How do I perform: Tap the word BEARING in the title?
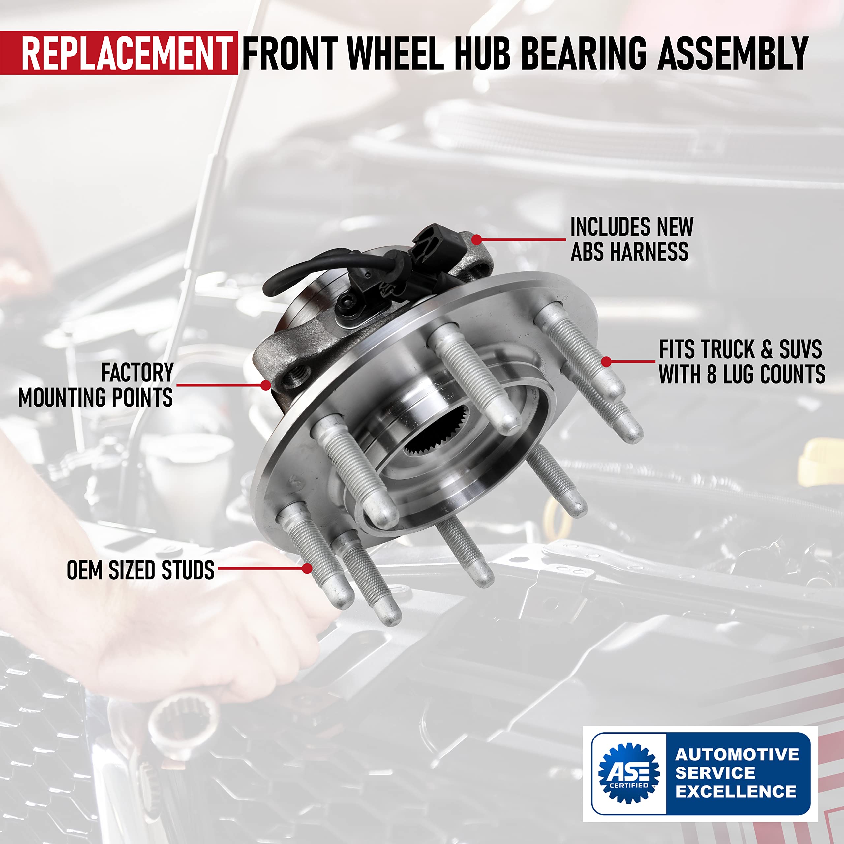click(583, 53)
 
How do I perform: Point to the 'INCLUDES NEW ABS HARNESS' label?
click(631, 239)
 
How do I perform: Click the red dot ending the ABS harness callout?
click(477, 239)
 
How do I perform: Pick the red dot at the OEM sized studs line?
click(307, 568)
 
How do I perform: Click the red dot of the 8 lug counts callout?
click(606, 362)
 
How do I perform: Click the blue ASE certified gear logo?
click(629, 773)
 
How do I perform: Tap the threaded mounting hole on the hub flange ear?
click(297, 376)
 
